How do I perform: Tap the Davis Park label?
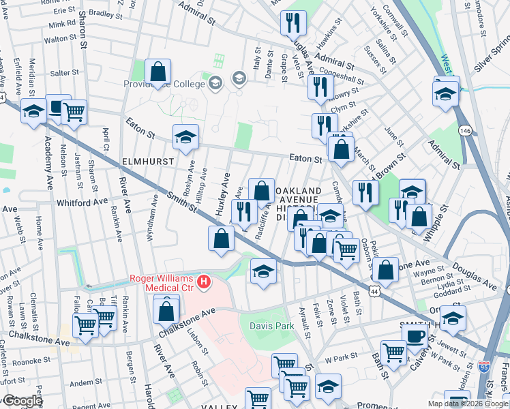point(271,327)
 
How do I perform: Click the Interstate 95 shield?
point(483,366)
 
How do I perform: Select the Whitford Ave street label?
point(82,202)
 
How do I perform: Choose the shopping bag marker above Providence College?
point(157,72)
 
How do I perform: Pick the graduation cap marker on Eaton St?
point(185,136)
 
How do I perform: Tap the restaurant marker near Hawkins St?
point(294,22)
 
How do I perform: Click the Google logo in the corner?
point(22,401)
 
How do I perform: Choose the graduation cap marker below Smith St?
point(263,271)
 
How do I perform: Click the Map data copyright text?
point(468,404)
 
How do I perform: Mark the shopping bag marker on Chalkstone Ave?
point(166,310)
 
